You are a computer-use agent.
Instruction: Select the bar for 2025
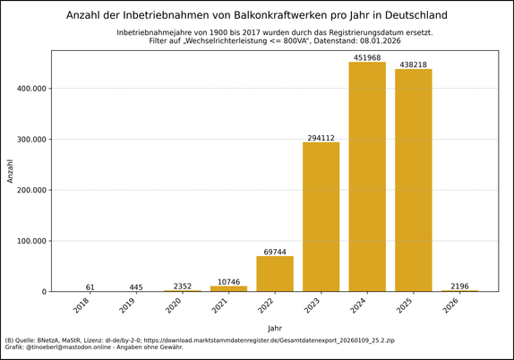coord(413,180)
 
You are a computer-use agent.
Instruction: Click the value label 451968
coord(367,58)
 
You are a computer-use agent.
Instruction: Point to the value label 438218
coord(413,64)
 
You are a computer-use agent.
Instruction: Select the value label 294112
coord(321,138)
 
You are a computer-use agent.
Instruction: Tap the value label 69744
coord(275,252)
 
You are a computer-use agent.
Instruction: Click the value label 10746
coord(228,282)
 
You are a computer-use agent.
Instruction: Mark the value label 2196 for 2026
coord(459,286)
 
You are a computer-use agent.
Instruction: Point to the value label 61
coord(90,287)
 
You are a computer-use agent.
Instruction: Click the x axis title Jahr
coord(275,329)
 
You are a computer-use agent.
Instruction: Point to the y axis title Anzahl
coord(10,170)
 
